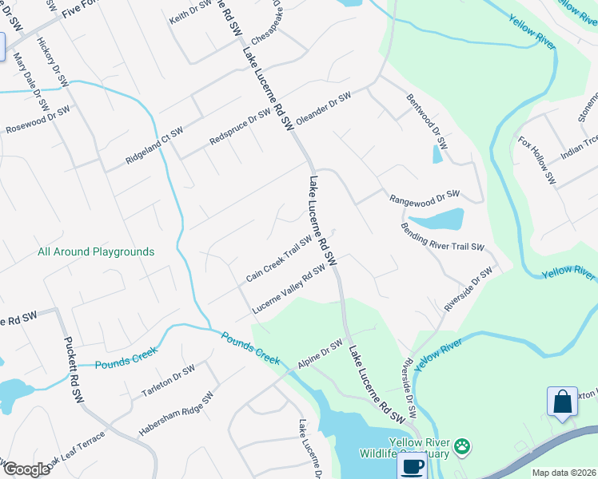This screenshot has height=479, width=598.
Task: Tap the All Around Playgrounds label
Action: click(96, 251)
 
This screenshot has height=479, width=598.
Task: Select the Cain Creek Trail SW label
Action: click(279, 259)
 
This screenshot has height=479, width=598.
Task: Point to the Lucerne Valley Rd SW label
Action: click(289, 290)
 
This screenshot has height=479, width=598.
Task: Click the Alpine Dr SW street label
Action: click(320, 353)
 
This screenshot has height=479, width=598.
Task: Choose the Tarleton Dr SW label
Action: click(169, 381)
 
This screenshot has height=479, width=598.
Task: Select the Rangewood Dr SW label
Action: click(425, 196)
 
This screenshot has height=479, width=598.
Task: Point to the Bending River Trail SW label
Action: click(443, 236)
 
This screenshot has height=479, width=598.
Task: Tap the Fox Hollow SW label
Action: click(536, 160)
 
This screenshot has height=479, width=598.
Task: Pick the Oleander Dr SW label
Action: click(324, 108)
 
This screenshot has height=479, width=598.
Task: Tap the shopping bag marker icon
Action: click(563, 401)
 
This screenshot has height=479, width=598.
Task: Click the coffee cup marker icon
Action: click(413, 467)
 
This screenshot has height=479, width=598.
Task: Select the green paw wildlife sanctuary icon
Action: click(463, 446)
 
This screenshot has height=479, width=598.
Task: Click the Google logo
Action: click(26, 469)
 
